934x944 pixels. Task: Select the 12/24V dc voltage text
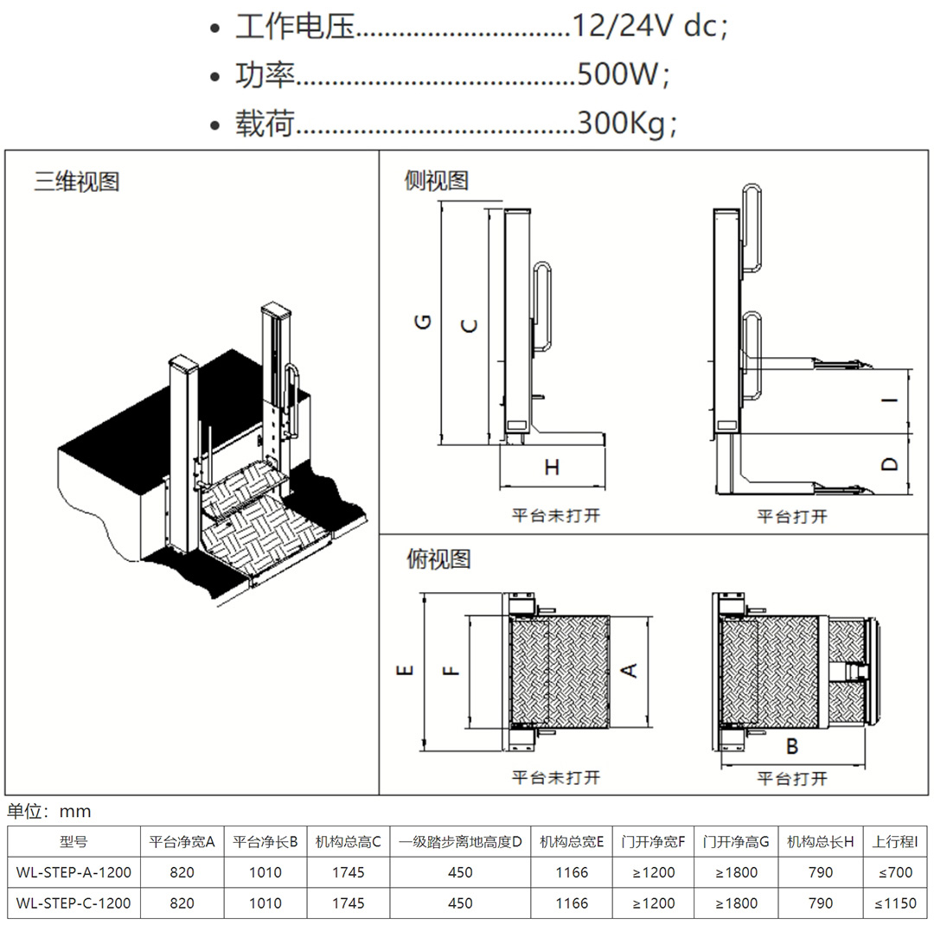coord(644,27)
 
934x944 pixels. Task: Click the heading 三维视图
coord(77,182)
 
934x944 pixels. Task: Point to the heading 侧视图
coord(437,181)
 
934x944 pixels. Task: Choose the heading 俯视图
coord(438,559)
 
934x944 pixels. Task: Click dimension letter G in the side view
coord(423,322)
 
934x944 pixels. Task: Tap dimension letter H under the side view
coord(552,468)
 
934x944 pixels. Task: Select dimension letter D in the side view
coord(890,464)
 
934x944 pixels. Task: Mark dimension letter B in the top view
coord(791,747)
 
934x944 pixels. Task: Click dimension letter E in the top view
coord(406,670)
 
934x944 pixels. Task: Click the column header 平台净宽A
coord(182,841)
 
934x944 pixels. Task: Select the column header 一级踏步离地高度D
coord(460,841)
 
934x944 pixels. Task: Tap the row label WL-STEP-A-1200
coord(74,872)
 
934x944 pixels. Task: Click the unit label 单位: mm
coord(49,812)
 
